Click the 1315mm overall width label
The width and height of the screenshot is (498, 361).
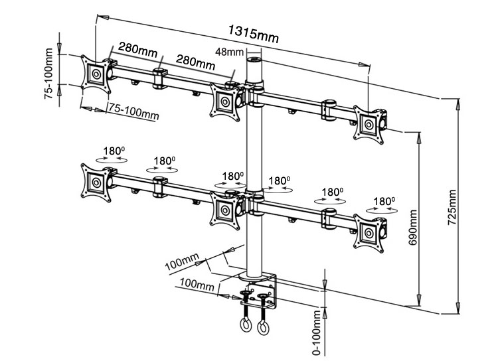point(254,33)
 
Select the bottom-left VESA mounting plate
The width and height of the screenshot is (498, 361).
point(96,180)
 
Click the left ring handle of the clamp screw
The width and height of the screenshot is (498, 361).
point(244,325)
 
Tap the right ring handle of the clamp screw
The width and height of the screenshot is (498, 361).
point(263,326)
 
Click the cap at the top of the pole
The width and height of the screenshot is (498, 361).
point(252,61)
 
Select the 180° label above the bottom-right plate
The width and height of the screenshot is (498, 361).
point(384,200)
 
